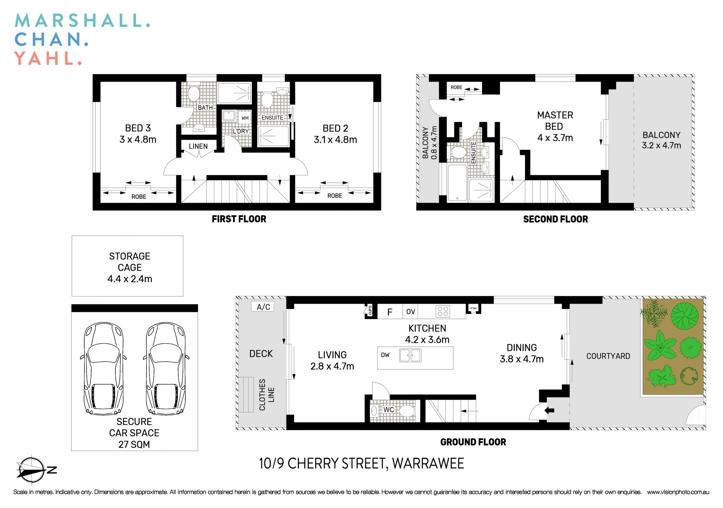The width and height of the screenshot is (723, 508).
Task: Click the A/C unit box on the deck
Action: (263, 307)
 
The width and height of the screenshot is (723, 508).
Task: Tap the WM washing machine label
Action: (245, 118)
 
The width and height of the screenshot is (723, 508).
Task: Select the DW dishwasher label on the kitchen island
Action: (385, 355)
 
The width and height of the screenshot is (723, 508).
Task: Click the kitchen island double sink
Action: (410, 355)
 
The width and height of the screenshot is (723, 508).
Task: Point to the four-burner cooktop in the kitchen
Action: (443, 311)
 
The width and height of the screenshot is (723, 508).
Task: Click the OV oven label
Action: (410, 312)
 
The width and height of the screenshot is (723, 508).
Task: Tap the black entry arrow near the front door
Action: (550, 410)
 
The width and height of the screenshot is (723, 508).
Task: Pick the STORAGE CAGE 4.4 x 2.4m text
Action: (130, 267)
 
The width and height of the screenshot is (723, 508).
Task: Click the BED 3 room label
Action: (138, 128)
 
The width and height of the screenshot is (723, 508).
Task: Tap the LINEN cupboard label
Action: (198, 146)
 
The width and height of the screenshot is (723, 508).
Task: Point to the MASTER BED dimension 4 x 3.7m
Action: (555, 138)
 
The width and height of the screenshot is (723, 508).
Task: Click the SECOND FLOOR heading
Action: (555, 219)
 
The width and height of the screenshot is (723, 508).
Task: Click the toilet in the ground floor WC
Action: (406, 411)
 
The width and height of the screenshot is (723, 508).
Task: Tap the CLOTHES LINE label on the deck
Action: (267, 394)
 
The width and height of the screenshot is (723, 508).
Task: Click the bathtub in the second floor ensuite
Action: (457, 183)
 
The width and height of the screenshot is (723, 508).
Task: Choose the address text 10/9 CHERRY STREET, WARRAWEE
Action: (361, 463)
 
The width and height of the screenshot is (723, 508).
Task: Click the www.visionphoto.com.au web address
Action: (678, 492)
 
